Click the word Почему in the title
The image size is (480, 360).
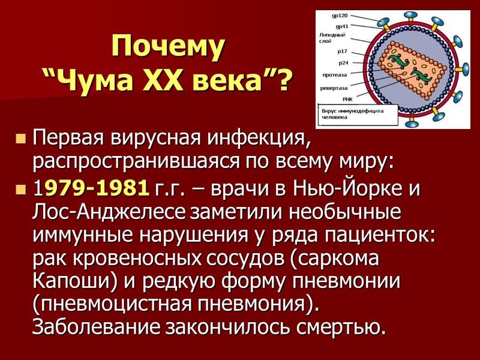click(x=169, y=47)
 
